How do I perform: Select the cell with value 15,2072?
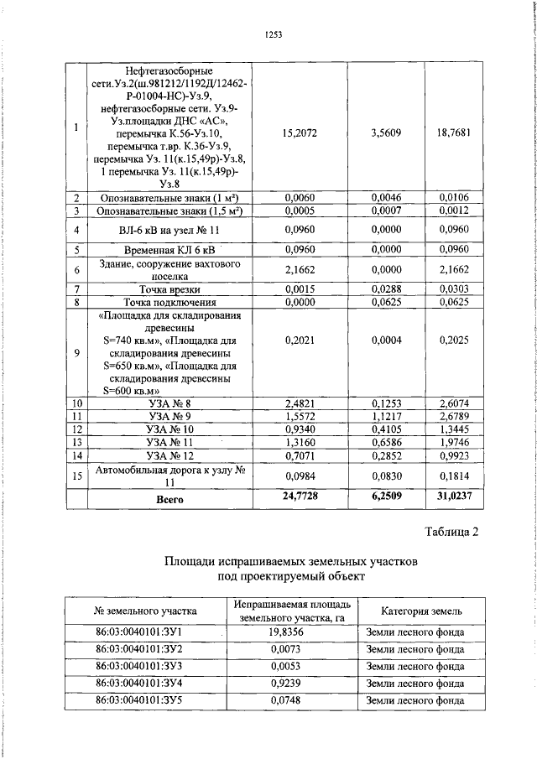pyautogui.click(x=300, y=133)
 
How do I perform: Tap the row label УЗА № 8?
pyautogui.click(x=169, y=403)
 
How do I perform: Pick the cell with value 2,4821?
pyautogui.click(x=300, y=403)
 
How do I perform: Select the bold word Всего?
pyautogui.click(x=170, y=498)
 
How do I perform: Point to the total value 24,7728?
pyautogui.click(x=300, y=497)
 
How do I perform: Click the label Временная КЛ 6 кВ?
pyautogui.click(x=169, y=249)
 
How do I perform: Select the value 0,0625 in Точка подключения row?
pyautogui.click(x=385, y=302)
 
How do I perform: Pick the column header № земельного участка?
pyautogui.click(x=145, y=611)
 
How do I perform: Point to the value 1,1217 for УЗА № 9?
pyautogui.click(x=385, y=417)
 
